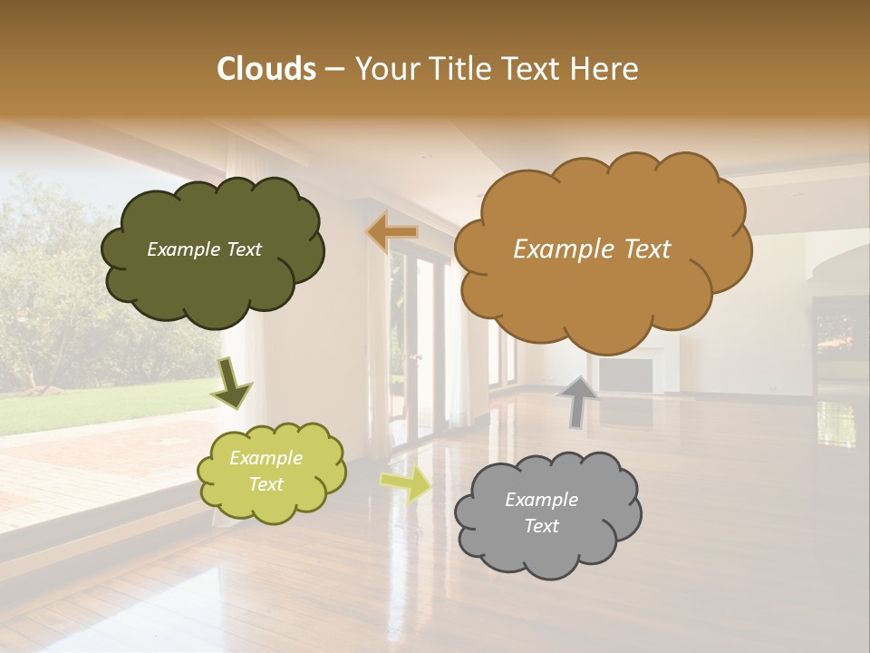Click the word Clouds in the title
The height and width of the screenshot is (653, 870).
266,69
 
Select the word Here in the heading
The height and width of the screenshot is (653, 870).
604,69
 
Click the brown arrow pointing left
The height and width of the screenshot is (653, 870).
392,232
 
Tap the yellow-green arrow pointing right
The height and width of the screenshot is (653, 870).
406,484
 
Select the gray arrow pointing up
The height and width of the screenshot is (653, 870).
577,400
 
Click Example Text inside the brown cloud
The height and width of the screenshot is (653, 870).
592,249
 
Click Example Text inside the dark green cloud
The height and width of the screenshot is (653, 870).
204,249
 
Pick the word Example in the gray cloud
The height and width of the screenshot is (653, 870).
541,500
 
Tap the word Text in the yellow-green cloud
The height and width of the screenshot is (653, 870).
266,484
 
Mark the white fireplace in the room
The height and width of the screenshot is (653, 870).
625,373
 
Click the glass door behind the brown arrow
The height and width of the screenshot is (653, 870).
420,345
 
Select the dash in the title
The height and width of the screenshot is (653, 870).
333,70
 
